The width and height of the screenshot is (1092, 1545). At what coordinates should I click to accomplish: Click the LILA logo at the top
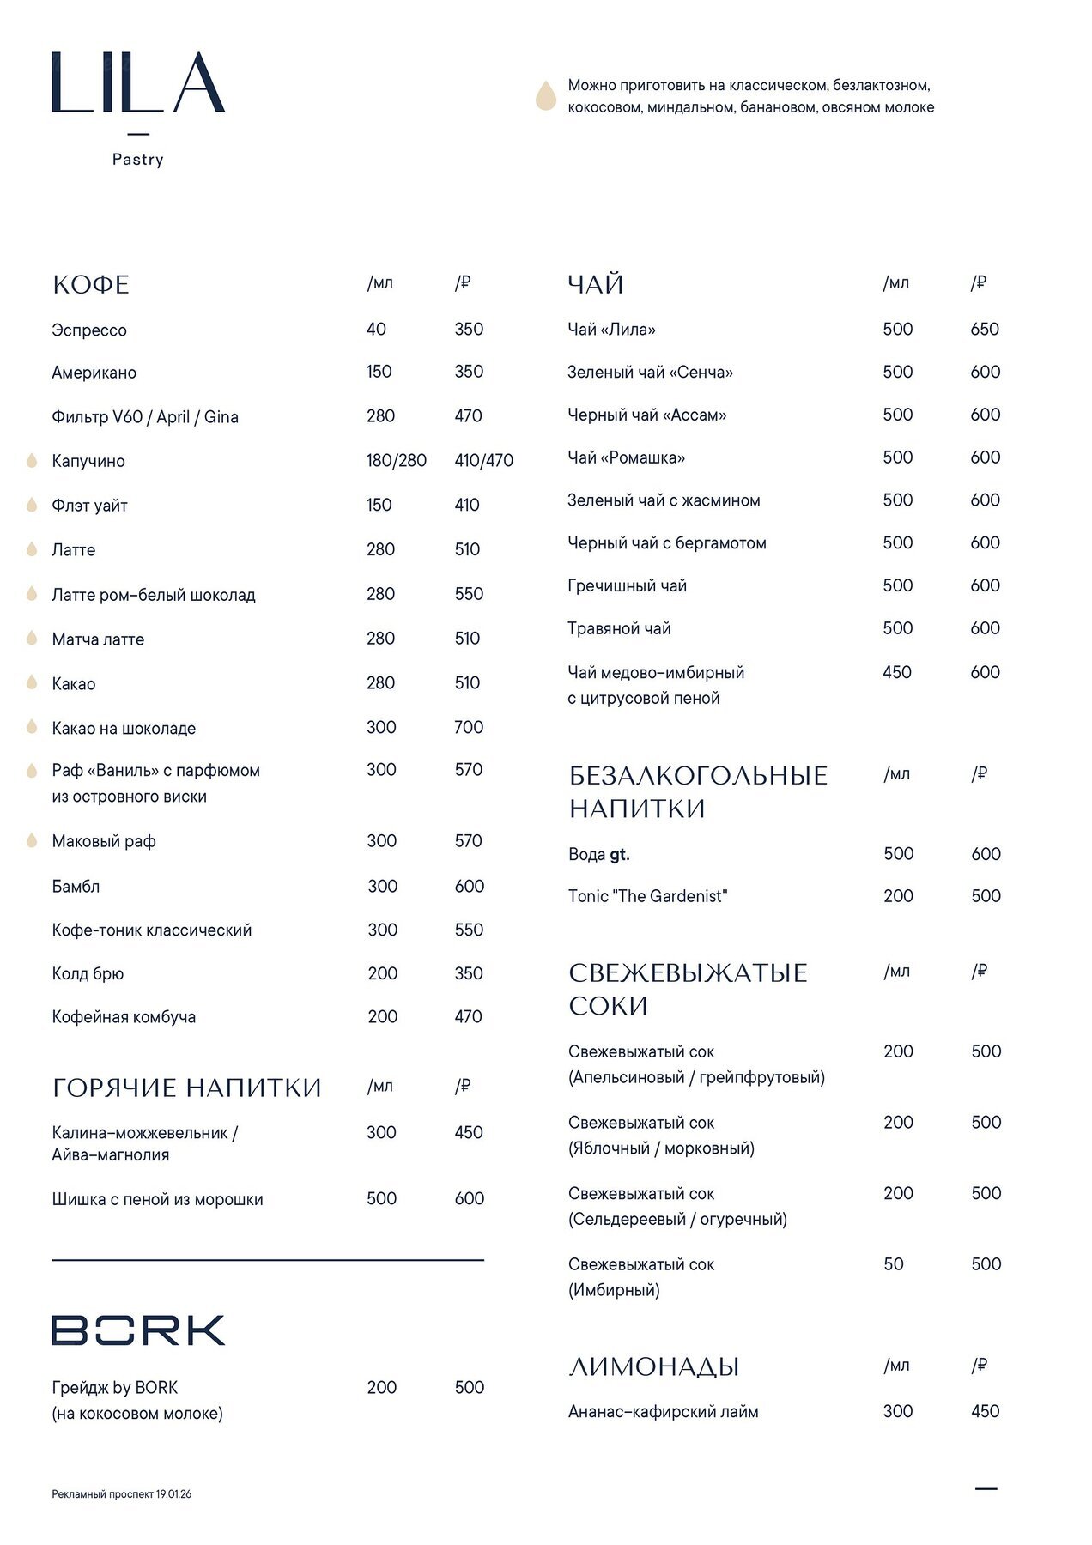(137, 82)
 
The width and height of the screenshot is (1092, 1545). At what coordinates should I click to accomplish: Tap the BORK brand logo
(138, 1330)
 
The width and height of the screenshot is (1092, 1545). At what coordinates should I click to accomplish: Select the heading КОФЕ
(91, 285)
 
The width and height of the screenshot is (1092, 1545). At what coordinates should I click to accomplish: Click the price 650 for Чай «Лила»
(985, 330)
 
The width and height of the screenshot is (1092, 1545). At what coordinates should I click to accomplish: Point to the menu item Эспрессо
(89, 330)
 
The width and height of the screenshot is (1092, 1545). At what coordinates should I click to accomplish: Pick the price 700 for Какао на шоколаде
(469, 728)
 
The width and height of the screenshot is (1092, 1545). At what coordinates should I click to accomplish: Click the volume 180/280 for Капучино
(396, 461)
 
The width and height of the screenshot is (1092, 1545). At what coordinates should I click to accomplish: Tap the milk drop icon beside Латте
(32, 549)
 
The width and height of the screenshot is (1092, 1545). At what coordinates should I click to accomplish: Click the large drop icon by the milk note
(546, 96)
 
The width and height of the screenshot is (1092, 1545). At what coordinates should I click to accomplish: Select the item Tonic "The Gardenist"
(647, 896)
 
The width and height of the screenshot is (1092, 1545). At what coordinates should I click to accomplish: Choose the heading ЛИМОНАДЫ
(653, 1366)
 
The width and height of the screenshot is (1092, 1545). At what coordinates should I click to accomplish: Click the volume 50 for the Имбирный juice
(894, 1264)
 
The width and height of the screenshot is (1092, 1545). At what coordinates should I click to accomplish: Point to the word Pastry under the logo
(137, 160)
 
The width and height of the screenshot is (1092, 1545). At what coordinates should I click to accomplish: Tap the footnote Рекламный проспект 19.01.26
(121, 1494)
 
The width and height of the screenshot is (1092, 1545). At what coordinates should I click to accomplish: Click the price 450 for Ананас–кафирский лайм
(985, 1411)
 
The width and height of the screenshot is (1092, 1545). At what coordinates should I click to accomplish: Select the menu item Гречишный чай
(627, 586)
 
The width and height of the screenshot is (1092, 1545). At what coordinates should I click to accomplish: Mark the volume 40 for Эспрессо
(376, 330)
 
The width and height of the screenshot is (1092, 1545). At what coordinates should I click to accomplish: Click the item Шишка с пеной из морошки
(157, 1200)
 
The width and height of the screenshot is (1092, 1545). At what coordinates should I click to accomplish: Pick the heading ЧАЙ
(596, 285)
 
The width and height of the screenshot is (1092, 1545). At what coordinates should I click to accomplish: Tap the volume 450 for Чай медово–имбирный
(897, 672)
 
